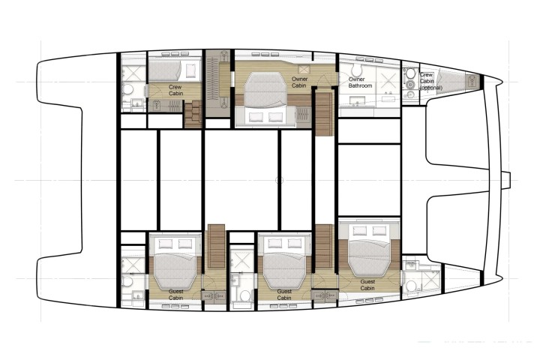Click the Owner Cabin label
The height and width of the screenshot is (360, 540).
299,82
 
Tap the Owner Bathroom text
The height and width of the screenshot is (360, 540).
360,82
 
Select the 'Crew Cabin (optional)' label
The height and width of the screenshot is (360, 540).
430,81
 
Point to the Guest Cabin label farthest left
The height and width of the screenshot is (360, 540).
175,295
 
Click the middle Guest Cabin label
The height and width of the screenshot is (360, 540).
284,295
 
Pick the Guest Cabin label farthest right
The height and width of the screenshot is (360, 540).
367,285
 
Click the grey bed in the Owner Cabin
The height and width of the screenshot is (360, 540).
265,89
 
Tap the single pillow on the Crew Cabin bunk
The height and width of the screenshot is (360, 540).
190,70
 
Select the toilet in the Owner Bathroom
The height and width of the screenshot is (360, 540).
356,70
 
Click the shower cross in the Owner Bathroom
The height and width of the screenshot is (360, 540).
389,82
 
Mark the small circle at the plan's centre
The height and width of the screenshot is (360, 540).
280,180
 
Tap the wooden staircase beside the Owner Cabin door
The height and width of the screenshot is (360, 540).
324,112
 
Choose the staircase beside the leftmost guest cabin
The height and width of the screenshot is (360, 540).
215,246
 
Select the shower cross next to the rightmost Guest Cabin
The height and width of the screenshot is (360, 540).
430,280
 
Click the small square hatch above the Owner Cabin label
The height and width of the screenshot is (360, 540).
304,70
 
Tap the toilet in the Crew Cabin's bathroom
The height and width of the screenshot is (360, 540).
128,89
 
